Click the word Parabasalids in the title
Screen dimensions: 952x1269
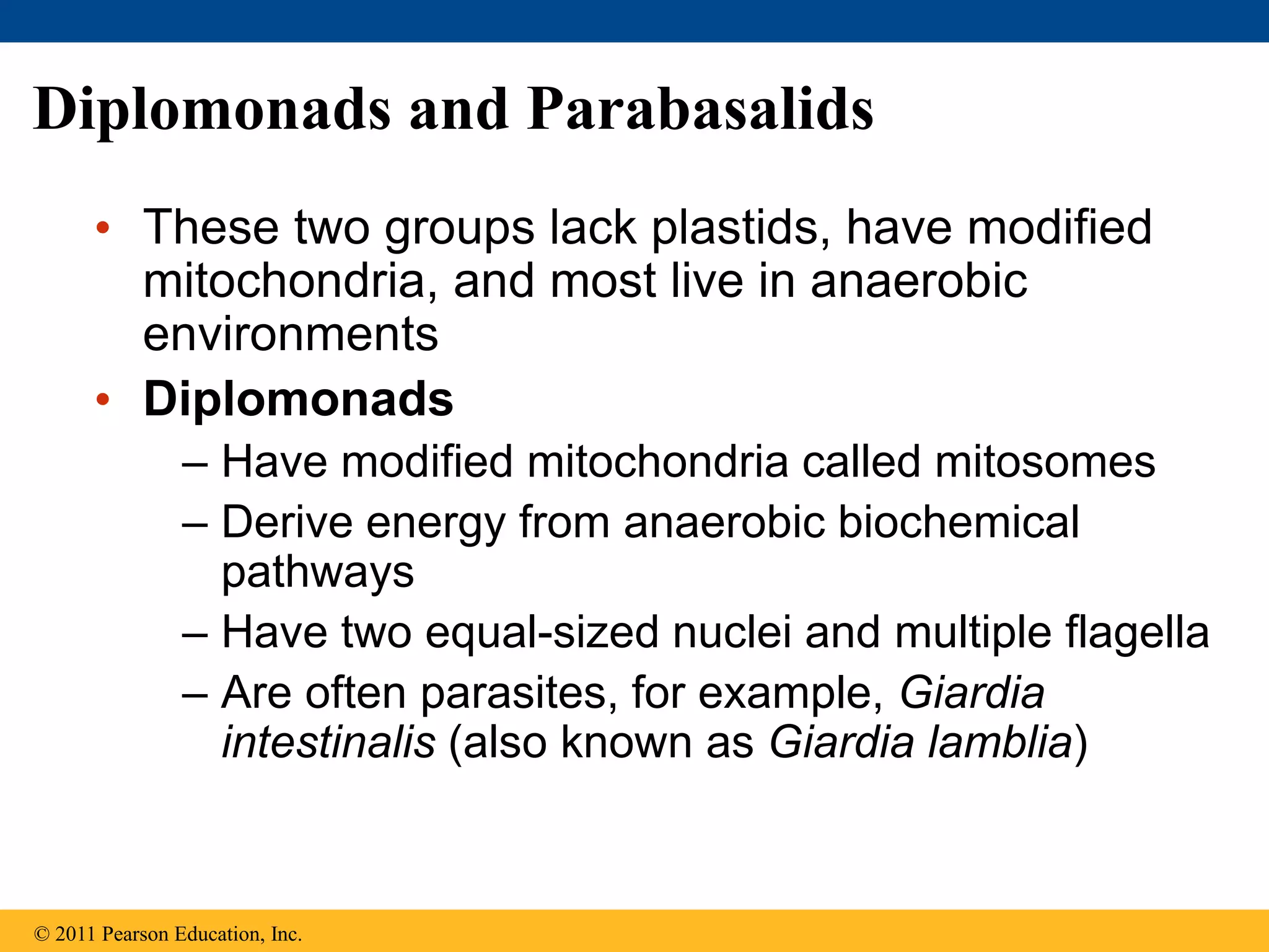[x=700, y=110]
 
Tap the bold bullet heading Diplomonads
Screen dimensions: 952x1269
[x=298, y=399]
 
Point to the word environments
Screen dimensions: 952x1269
[x=290, y=335]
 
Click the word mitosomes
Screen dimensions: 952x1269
[x=1045, y=462]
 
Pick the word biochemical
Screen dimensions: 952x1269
[x=959, y=522]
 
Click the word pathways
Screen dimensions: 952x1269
[x=317, y=572]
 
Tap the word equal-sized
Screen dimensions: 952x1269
[x=542, y=633]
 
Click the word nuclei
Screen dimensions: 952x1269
[x=732, y=633]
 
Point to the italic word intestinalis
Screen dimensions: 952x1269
[x=328, y=743]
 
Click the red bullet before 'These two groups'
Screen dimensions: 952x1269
[x=103, y=228]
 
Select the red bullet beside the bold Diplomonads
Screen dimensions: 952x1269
[x=103, y=400]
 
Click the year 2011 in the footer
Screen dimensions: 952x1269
[x=75, y=934]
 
